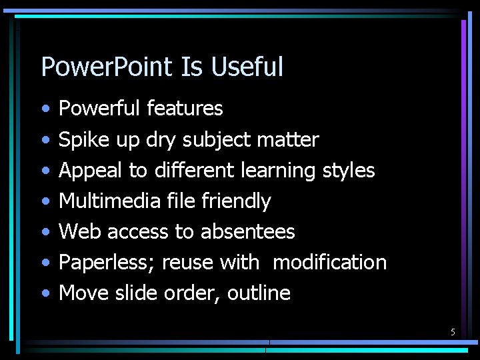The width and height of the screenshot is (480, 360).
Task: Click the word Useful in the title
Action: (x=247, y=67)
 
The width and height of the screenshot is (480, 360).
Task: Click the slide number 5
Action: (x=453, y=332)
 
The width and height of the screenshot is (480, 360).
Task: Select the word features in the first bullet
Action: (x=185, y=108)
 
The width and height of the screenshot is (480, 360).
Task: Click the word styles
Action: (x=349, y=171)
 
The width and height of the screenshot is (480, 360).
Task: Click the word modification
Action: (x=329, y=263)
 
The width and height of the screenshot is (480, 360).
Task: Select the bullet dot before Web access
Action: (x=44, y=233)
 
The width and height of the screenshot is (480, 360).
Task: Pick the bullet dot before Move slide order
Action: (x=44, y=294)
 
